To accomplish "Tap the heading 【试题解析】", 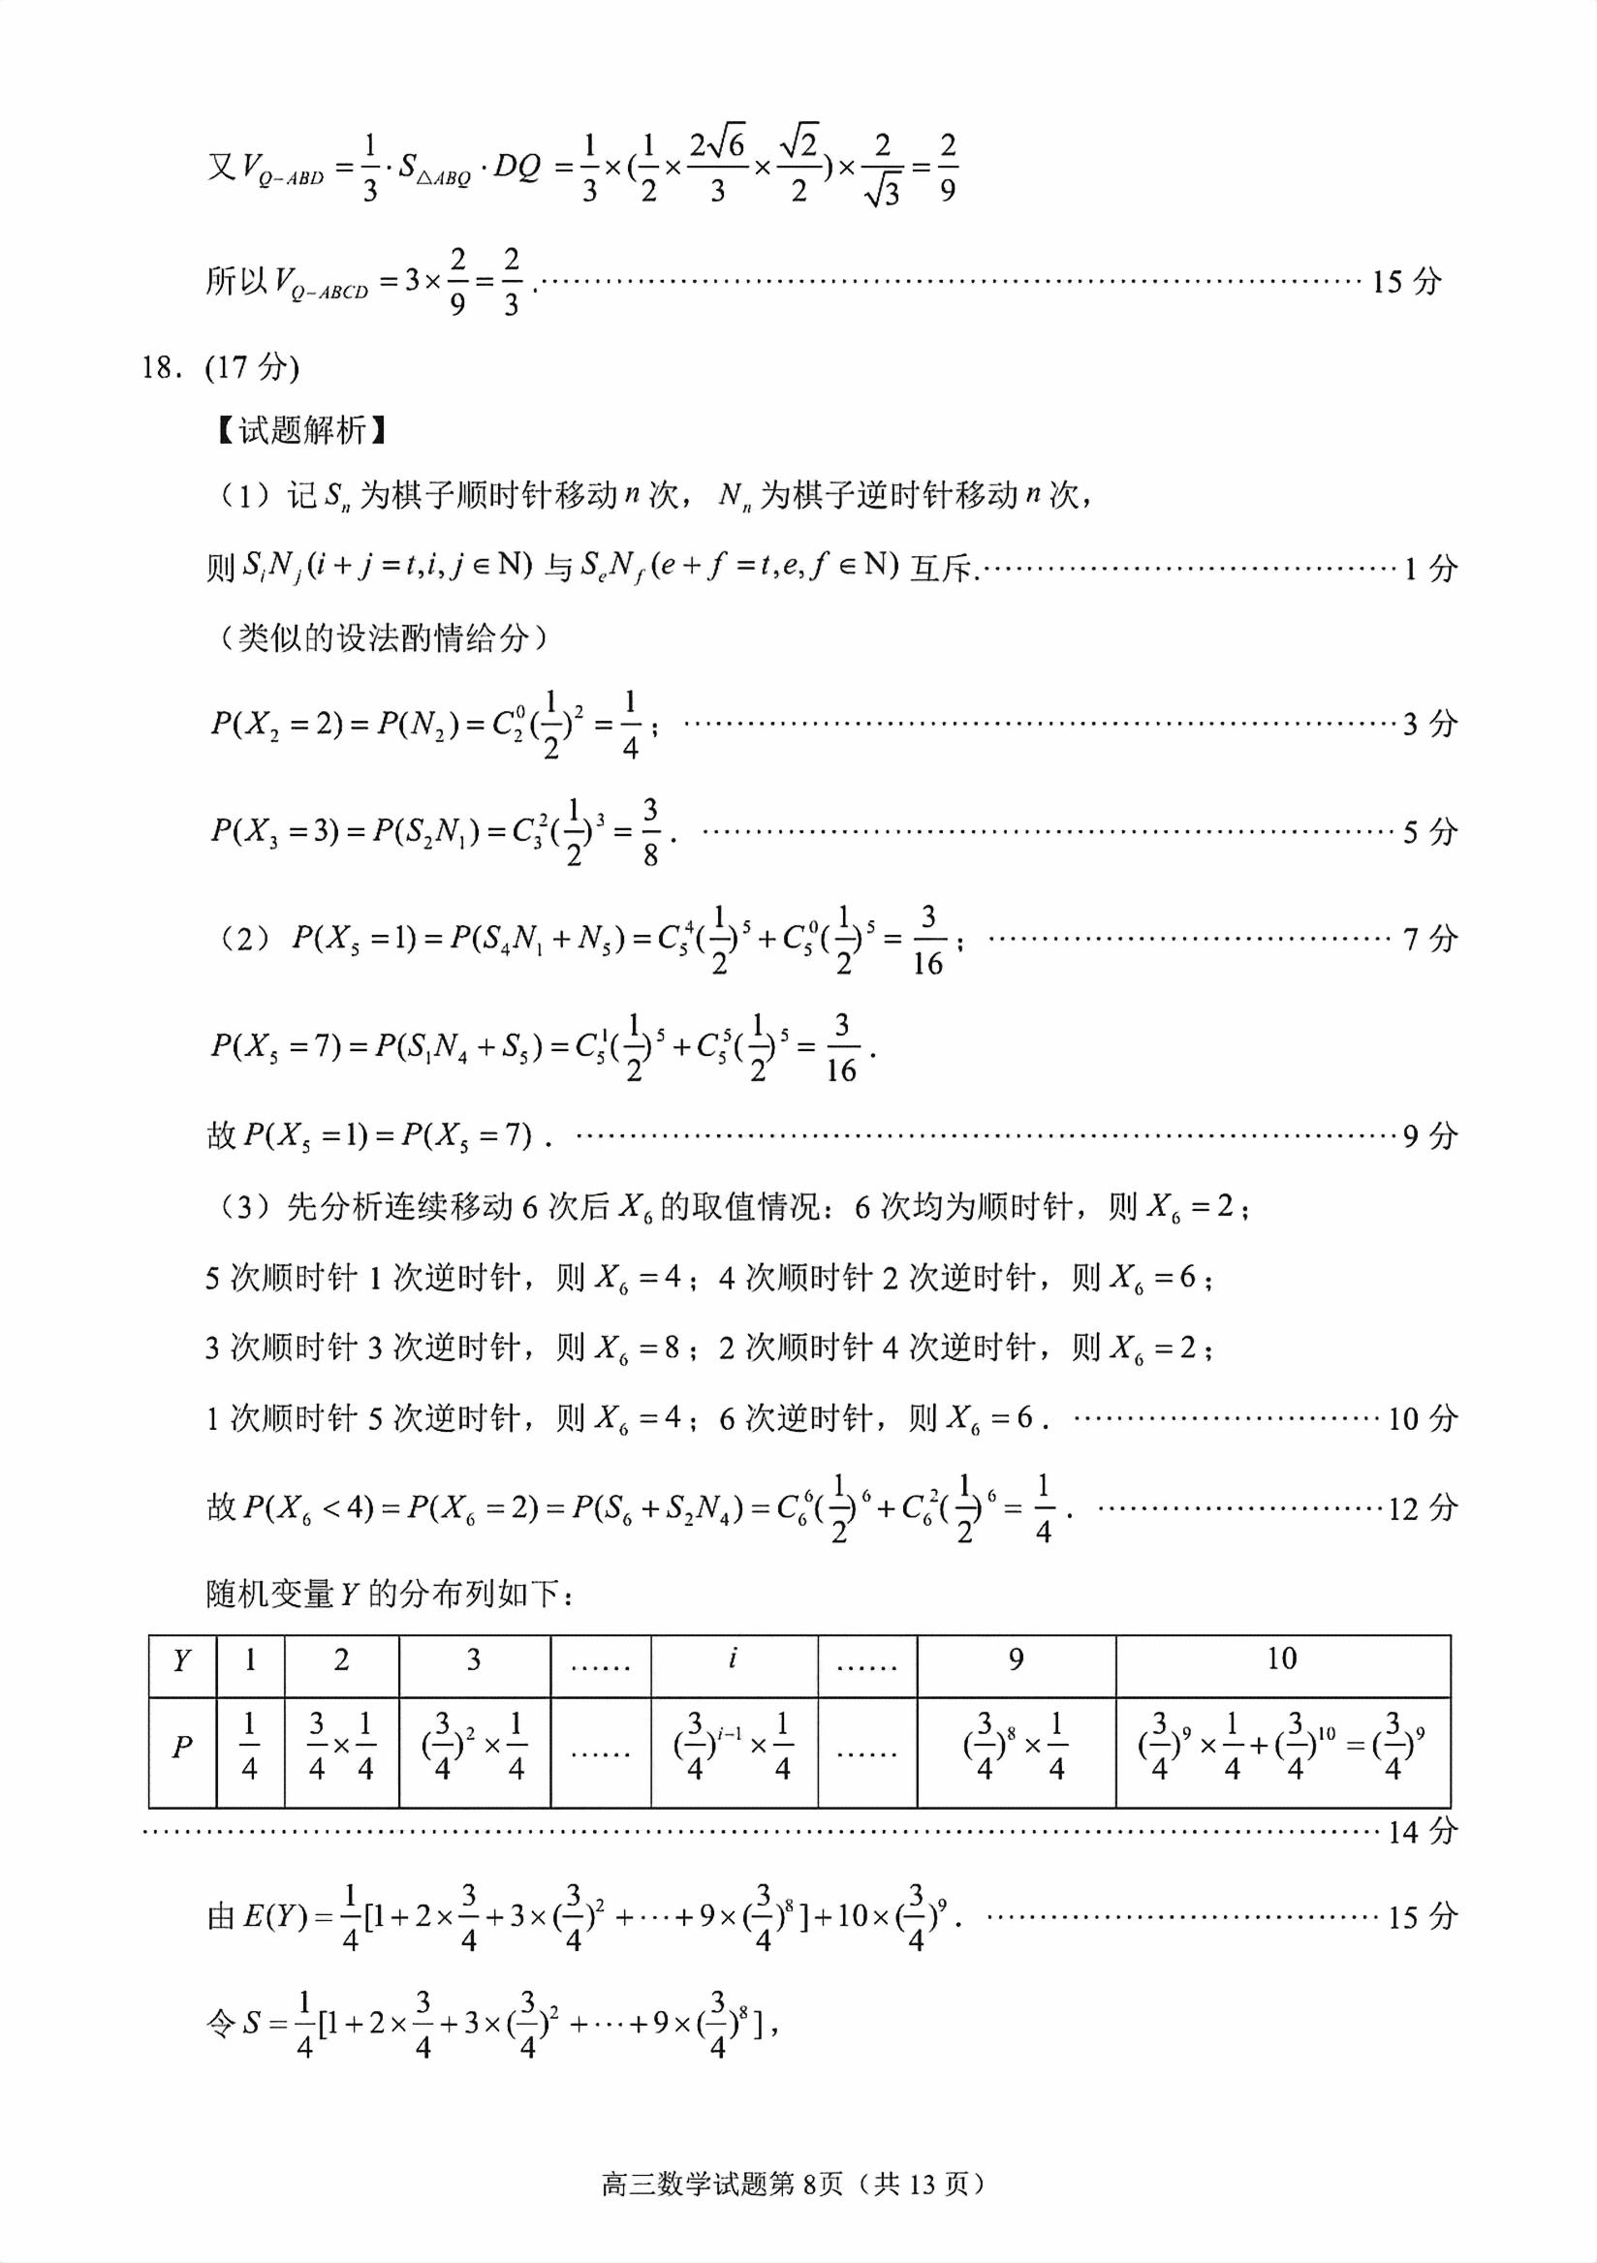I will (301, 430).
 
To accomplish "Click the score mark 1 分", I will (1429, 568).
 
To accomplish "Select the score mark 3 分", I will (1429, 724).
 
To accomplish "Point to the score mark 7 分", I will (1429, 939).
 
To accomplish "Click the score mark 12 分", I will (1422, 1507).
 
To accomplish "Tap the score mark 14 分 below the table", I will (1422, 1831).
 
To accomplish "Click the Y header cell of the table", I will (182, 1660).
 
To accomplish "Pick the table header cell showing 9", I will (1016, 1659).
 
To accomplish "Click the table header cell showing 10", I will (1281, 1658).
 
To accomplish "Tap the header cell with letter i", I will (733, 1658).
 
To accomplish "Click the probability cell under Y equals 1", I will (249, 1747).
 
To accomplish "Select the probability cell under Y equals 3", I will (473, 1747).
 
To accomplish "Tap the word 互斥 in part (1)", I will (943, 569).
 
